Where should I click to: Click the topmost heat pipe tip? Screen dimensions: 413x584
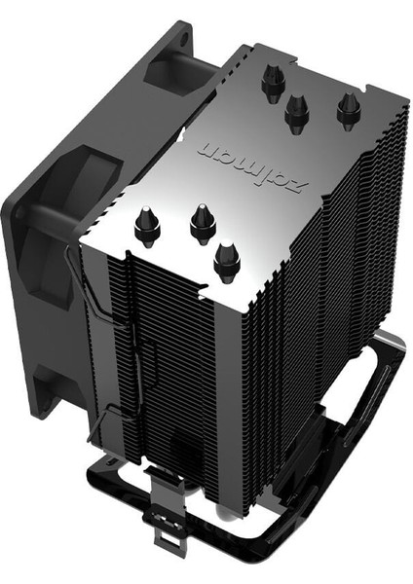pyautogui.click(x=273, y=83)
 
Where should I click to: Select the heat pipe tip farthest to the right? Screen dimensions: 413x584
pyautogui.click(x=349, y=110)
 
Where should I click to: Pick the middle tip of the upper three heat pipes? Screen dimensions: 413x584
pyautogui.click(x=297, y=113)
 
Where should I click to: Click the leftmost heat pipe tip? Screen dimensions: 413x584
pyautogui.click(x=147, y=226)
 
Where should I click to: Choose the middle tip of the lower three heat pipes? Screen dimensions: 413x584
pyautogui.click(x=203, y=224)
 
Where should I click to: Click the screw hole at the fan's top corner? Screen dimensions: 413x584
pyautogui.click(x=184, y=38)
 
